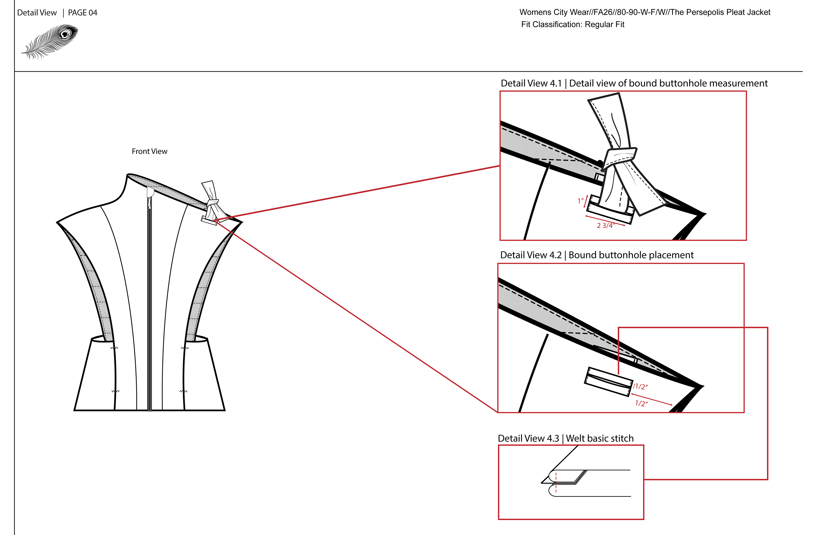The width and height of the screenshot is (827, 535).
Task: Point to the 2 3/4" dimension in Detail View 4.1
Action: tap(606, 225)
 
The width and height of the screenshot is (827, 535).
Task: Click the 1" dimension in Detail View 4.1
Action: tap(580, 201)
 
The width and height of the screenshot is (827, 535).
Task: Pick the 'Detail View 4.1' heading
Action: tap(531, 83)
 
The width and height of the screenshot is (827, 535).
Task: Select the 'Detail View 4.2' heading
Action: tap(531, 255)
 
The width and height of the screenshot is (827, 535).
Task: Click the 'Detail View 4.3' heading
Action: tap(528, 438)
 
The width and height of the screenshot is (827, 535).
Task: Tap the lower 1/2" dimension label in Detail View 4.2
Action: tap(641, 403)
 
